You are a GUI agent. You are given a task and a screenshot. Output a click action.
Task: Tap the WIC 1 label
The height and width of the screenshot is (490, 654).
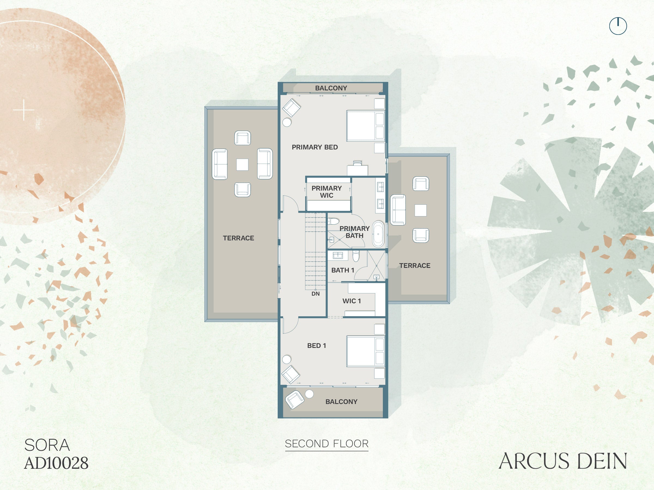click(x=352, y=301)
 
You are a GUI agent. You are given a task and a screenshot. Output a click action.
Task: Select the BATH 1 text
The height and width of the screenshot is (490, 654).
click(x=343, y=270)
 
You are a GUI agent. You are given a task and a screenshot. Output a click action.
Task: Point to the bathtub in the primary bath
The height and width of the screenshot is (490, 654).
click(x=378, y=234)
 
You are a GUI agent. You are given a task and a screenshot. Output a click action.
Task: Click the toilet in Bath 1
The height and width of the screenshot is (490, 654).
click(x=356, y=256)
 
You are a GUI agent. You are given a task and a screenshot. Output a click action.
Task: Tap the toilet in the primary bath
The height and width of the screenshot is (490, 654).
click(x=333, y=221)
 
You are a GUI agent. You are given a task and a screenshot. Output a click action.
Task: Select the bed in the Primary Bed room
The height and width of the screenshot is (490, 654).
click(x=365, y=126)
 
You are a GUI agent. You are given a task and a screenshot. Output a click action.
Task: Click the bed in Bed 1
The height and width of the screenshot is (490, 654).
click(x=365, y=351)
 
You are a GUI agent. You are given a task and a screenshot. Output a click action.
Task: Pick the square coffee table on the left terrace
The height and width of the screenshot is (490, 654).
click(x=242, y=164)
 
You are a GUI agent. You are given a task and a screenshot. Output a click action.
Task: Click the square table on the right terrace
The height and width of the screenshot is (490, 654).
click(x=420, y=210)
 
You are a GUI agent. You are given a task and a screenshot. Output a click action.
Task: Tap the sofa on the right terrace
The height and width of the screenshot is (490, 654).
click(x=398, y=210)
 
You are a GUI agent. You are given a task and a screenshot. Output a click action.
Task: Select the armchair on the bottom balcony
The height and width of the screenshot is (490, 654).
click(x=295, y=400)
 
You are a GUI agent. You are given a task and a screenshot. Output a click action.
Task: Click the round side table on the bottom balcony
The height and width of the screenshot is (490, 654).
click(x=309, y=394)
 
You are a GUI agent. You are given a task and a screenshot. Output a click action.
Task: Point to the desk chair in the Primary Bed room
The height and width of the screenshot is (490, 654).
click(x=357, y=163)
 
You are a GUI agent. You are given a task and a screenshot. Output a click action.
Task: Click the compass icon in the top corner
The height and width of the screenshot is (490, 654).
click(x=618, y=26)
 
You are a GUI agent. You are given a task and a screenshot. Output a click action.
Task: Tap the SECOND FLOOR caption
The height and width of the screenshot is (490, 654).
click(x=327, y=444)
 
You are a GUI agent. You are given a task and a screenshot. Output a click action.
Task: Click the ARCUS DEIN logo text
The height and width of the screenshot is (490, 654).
click(x=563, y=461)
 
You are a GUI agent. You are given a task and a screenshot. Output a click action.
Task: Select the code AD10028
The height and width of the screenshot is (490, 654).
click(x=56, y=463)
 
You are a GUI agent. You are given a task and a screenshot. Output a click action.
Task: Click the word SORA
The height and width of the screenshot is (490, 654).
click(x=47, y=445)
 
